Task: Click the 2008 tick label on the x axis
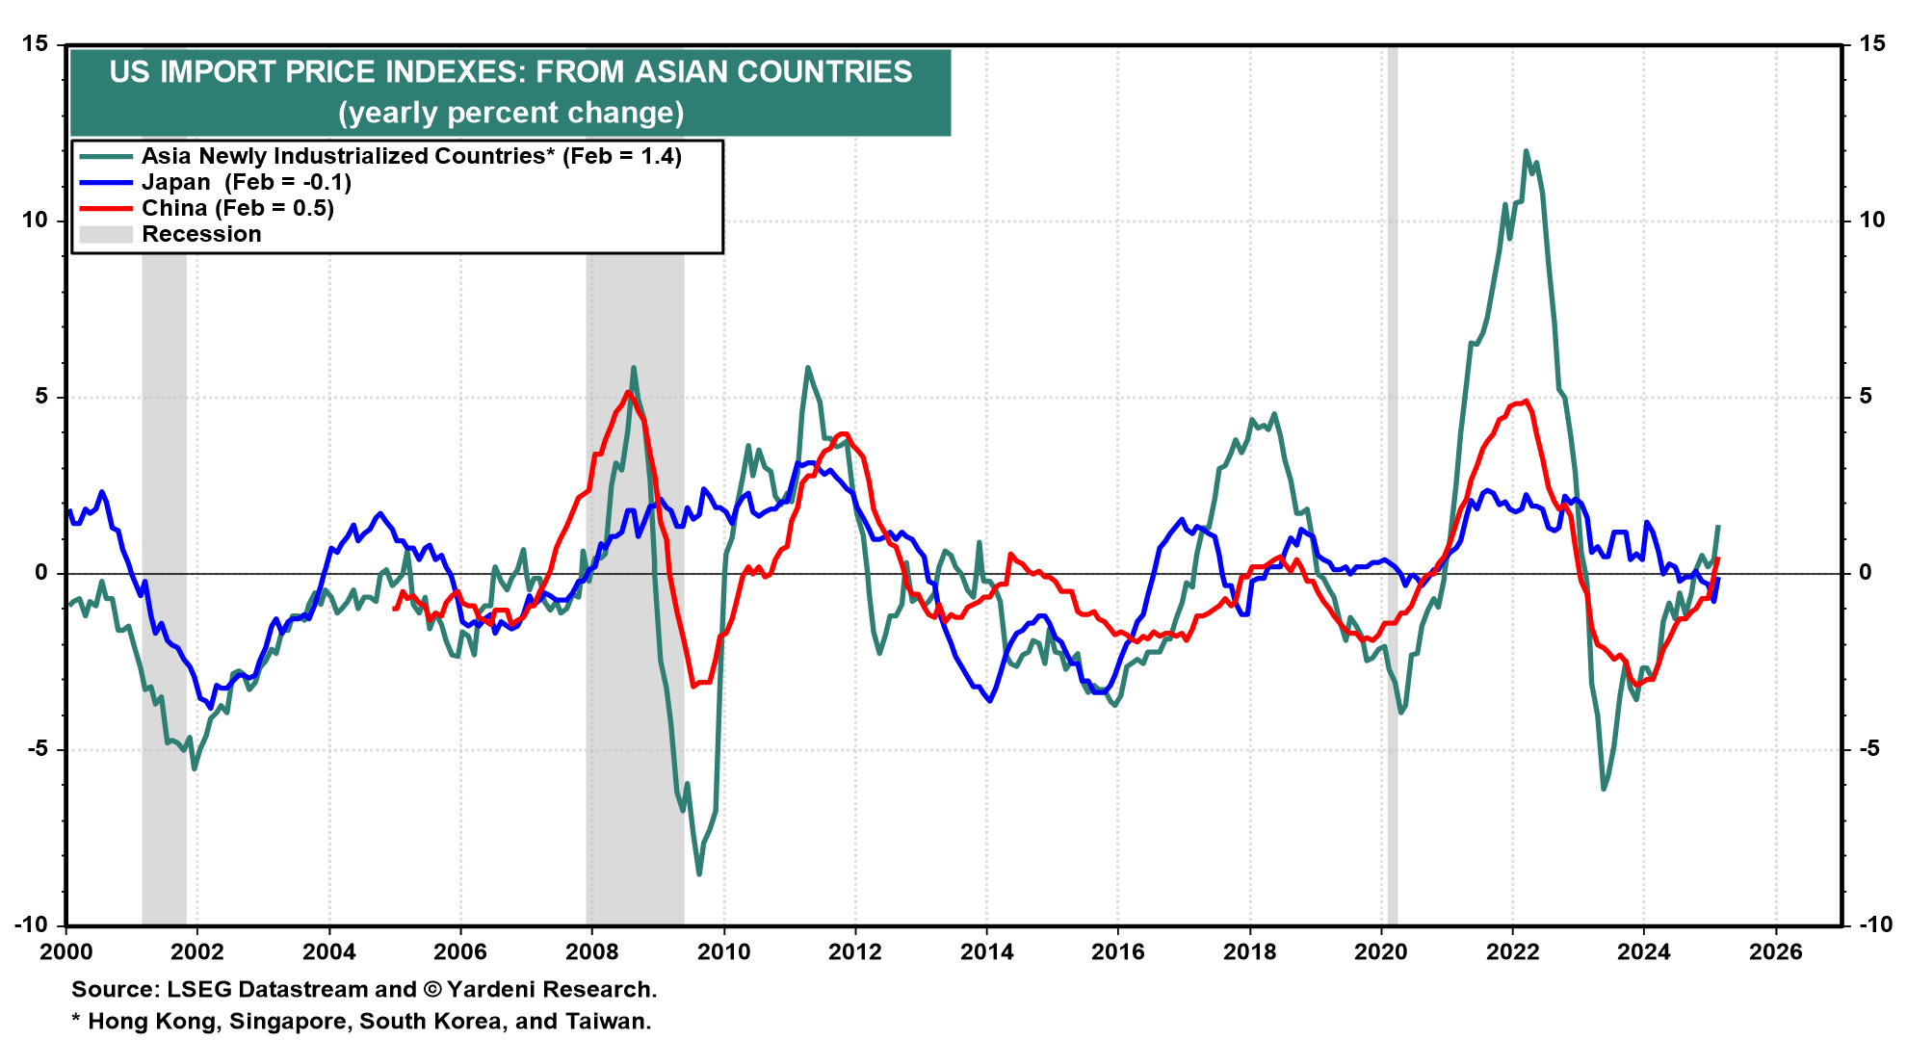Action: click(591, 952)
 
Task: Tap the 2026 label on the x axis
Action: click(1775, 952)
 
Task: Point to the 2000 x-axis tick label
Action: click(66, 952)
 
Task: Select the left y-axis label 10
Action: click(35, 221)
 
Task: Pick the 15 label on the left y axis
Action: click(35, 44)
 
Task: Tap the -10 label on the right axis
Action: click(1874, 924)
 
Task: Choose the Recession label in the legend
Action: click(201, 234)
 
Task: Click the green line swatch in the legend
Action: click(105, 156)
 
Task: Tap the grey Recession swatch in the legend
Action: click(105, 234)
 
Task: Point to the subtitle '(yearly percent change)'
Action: click(510, 113)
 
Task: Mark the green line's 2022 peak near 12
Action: click(1526, 151)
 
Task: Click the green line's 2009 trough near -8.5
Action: click(699, 873)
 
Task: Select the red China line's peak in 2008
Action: click(628, 392)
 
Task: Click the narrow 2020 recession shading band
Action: click(1392, 481)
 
